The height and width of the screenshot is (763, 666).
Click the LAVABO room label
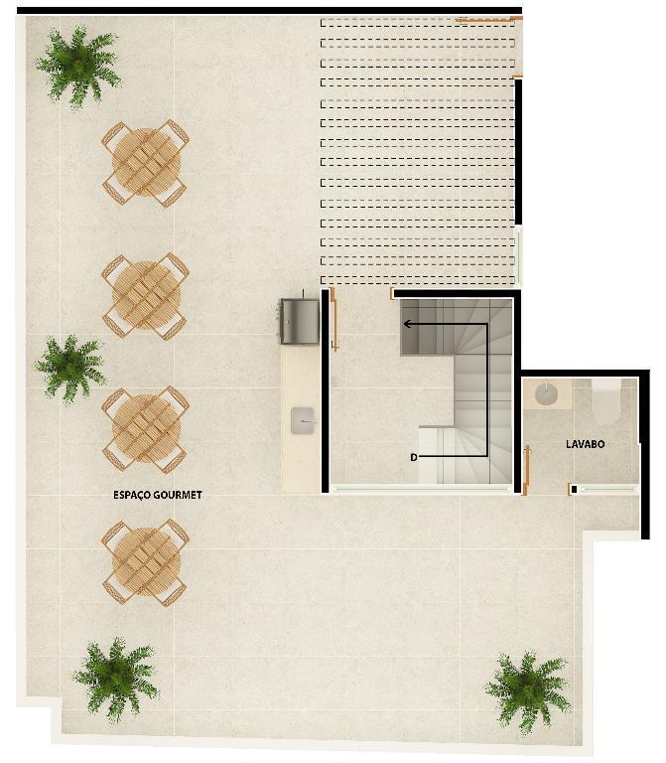[585, 444]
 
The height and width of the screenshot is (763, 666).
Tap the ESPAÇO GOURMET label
[158, 495]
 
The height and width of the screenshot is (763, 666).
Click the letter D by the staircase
[414, 457]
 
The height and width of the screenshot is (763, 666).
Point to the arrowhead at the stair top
[407, 324]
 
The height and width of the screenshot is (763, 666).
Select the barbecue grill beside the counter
[299, 321]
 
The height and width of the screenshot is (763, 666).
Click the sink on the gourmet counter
[304, 420]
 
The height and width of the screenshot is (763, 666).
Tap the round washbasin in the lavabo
[546, 393]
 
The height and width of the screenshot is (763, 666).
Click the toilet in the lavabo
[605, 401]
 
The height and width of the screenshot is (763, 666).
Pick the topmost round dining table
[145, 163]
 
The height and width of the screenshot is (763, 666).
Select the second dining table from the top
[145, 296]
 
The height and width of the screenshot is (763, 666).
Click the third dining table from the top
[145, 429]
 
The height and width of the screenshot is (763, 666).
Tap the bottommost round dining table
[145, 562]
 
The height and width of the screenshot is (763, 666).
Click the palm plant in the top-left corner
[78, 67]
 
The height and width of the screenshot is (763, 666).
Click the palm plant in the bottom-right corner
[528, 691]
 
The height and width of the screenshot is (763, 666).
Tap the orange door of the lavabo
[526, 470]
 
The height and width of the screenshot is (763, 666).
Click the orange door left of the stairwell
[333, 319]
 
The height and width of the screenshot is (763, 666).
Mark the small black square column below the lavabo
[574, 490]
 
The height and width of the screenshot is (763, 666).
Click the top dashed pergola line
[417, 22]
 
